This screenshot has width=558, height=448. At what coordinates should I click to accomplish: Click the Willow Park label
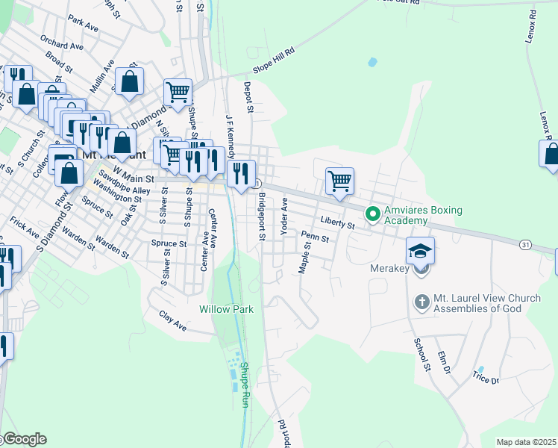227,309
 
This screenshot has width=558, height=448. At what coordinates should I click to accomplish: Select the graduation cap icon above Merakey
420,250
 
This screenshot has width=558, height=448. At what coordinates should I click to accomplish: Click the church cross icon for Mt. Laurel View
421,303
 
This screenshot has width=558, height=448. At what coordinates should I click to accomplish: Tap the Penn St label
316,236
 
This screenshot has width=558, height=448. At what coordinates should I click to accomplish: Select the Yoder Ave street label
283,217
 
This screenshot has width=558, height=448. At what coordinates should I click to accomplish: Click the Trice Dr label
485,379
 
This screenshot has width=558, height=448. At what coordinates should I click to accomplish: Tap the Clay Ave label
173,321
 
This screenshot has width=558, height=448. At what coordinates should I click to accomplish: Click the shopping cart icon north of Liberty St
339,180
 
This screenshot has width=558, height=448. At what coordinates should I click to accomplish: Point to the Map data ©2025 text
527,442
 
